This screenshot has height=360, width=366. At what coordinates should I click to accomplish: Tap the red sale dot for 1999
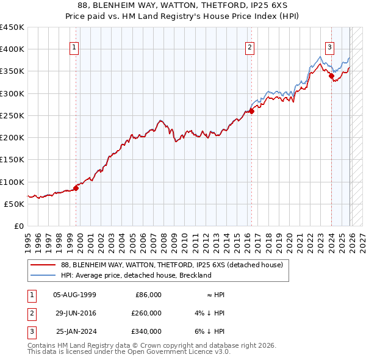(x=76, y=188)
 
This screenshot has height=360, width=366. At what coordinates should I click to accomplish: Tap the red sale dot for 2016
(x=251, y=111)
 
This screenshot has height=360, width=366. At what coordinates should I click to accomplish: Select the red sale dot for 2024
(x=331, y=76)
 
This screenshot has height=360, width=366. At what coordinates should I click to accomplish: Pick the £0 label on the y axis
(x=18, y=226)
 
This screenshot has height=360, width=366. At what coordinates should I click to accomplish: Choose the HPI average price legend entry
(x=136, y=275)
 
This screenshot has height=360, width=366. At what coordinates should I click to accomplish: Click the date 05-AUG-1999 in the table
(x=74, y=295)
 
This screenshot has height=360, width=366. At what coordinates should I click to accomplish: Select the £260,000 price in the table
(x=146, y=313)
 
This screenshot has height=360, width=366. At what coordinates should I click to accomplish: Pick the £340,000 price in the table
(x=146, y=331)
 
